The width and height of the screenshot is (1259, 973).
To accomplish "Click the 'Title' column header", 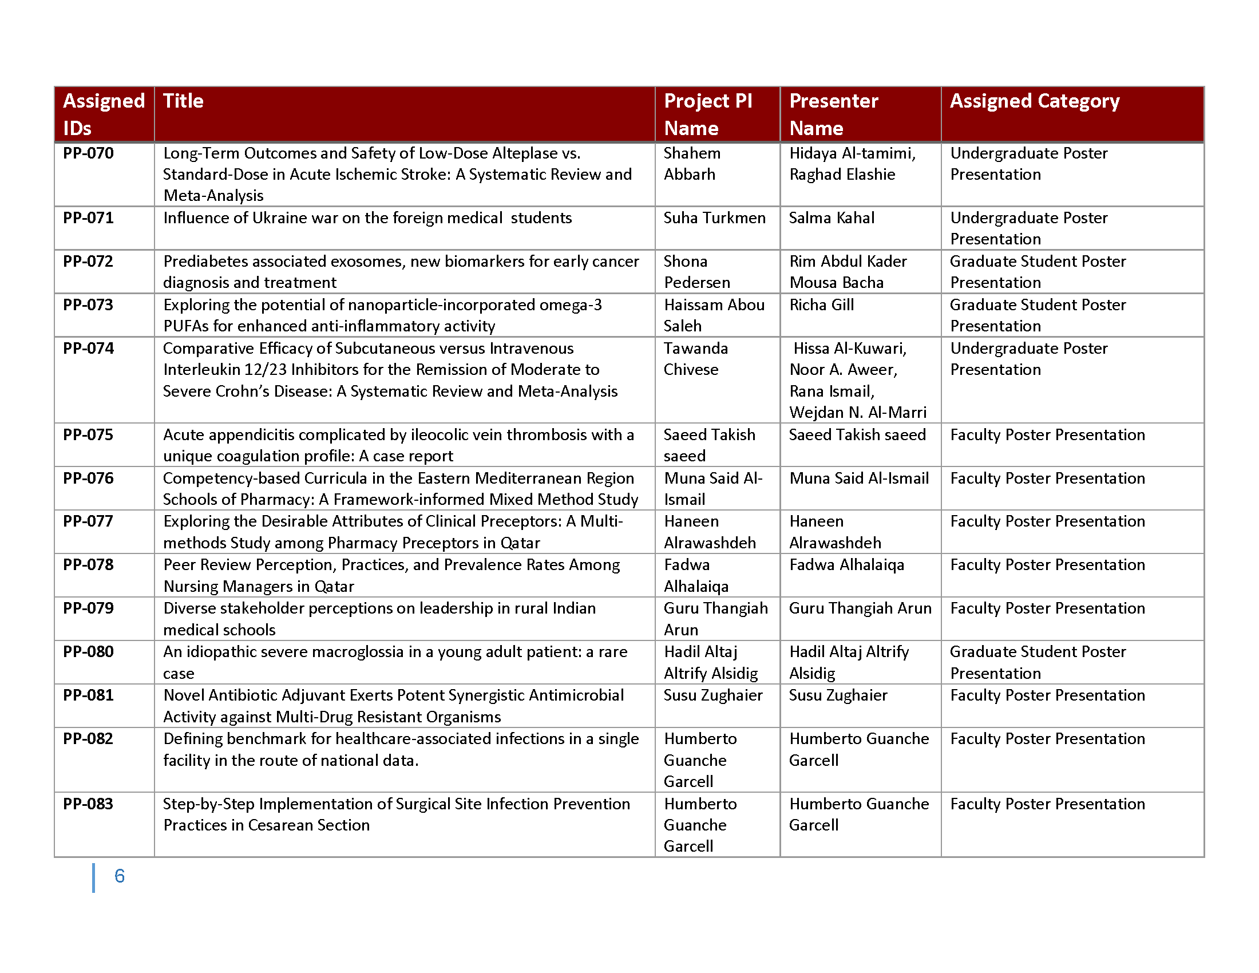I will (x=183, y=101).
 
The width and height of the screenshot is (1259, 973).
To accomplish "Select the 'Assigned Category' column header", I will (x=1034, y=101).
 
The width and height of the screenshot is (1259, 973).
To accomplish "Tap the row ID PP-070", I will (x=88, y=153).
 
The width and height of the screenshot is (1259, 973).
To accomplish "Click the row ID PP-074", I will (x=88, y=349).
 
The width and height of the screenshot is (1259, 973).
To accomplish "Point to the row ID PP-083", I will (x=88, y=804).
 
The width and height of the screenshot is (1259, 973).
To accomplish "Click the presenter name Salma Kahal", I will (x=832, y=218).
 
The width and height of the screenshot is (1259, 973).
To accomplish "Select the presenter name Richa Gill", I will (x=821, y=305).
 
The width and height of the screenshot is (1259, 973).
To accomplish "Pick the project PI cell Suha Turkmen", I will (x=714, y=218).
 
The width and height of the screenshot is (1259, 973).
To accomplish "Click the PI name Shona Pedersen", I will (x=696, y=271).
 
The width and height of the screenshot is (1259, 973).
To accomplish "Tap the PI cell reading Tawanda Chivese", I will (x=695, y=358).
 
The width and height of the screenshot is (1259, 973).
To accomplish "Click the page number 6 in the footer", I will (x=120, y=876).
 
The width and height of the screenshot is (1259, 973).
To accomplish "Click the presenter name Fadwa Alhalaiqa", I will (x=846, y=565).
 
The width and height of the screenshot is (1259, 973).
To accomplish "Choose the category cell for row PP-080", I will (x=1038, y=662).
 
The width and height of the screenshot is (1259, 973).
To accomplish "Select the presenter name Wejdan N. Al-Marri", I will (x=858, y=413).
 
